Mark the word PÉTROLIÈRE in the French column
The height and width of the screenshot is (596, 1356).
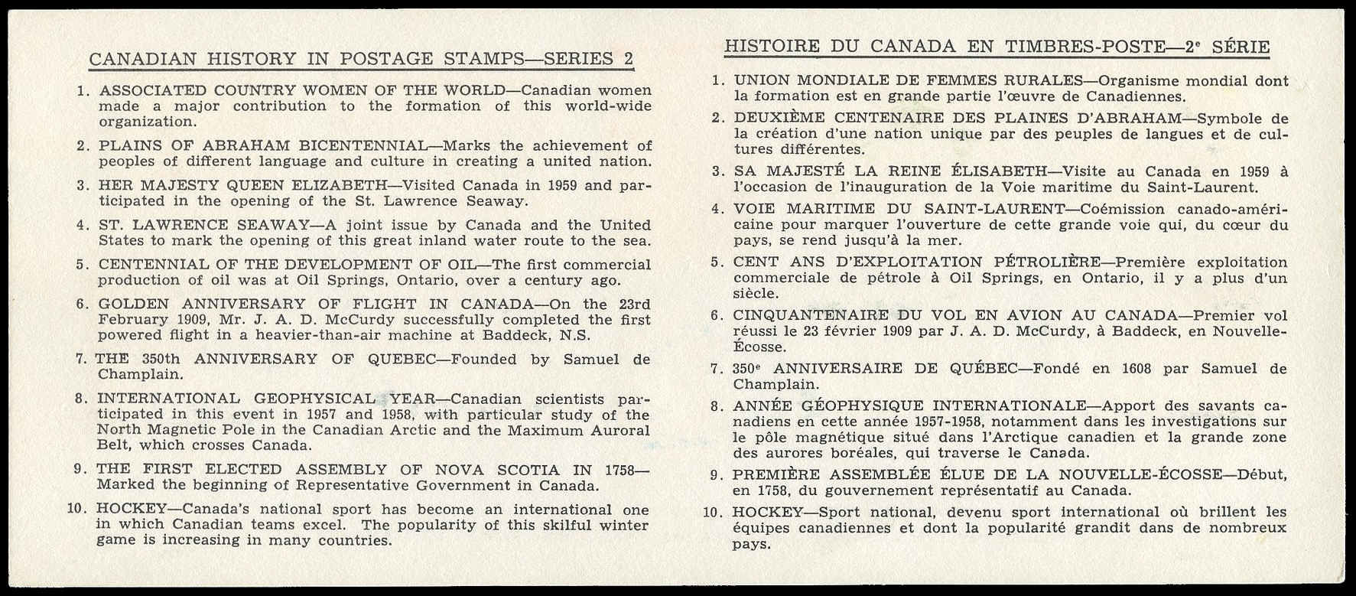point(1047,262)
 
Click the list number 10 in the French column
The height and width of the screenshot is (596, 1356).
point(711,512)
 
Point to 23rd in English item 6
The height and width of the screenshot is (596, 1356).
point(627,304)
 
